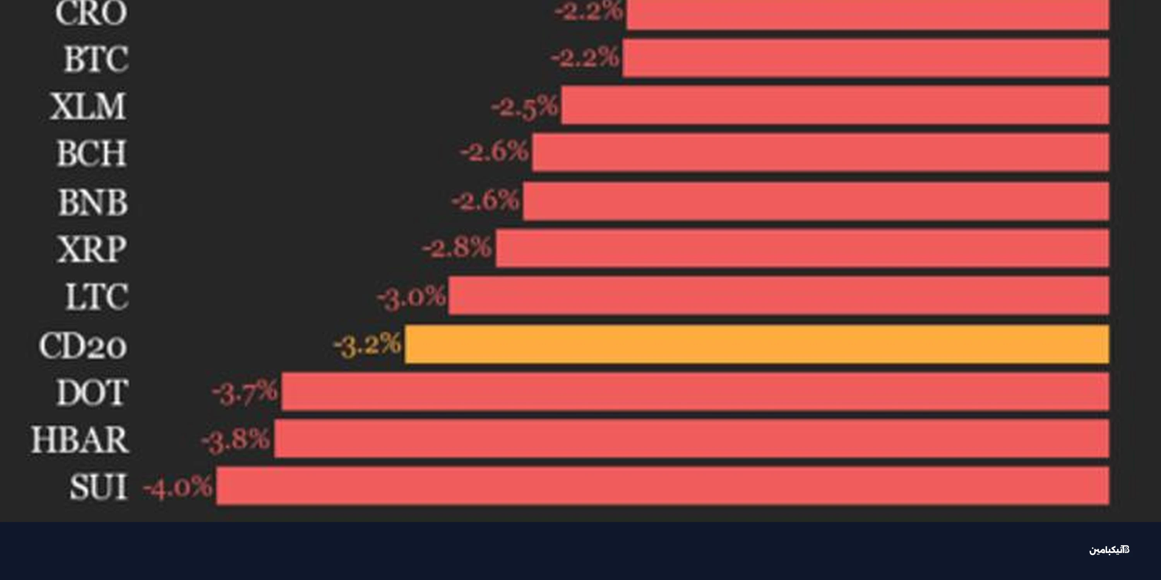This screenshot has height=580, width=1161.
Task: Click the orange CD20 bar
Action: [757, 344]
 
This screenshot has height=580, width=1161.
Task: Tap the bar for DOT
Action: [695, 391]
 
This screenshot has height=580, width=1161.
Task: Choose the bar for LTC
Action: [779, 296]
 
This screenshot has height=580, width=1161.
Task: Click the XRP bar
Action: [802, 248]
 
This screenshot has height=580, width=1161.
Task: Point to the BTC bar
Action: [865, 58]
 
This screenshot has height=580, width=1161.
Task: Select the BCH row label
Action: [91, 154]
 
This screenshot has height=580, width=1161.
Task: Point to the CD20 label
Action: [83, 346]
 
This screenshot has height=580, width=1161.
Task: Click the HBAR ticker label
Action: [80, 440]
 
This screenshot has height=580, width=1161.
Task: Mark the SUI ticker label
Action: [99, 487]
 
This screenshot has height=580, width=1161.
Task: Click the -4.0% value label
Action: [178, 486]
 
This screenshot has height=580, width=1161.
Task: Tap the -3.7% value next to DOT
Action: [245, 392]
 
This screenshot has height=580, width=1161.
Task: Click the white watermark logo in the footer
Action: [1109, 550]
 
